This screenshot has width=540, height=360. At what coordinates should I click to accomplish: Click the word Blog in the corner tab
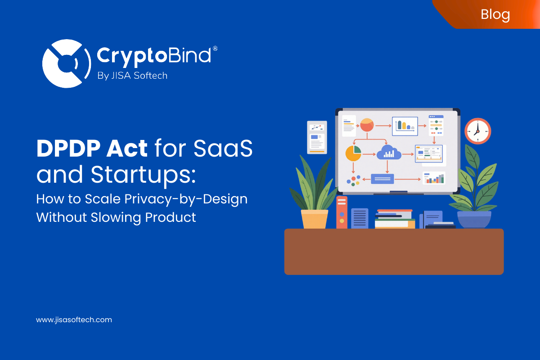tap(495, 14)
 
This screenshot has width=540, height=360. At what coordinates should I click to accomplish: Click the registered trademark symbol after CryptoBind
tap(215, 48)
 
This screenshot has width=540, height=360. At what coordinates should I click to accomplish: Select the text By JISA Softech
tap(132, 76)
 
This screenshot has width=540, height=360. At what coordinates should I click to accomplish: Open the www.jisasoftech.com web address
tap(74, 320)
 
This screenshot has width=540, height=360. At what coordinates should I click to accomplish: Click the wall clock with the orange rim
tap(477, 131)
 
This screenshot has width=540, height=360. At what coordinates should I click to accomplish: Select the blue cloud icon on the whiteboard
tap(389, 153)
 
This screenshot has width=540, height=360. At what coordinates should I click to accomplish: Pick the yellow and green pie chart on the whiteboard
tap(353, 153)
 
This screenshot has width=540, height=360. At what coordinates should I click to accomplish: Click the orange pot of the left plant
tap(315, 219)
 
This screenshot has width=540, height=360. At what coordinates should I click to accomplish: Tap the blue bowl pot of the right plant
tap(474, 219)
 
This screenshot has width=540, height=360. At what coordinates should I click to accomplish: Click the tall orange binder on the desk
tap(342, 212)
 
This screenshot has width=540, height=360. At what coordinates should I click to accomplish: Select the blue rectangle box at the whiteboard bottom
tap(382, 179)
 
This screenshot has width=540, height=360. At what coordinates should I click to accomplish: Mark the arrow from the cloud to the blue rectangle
tap(387, 166)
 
